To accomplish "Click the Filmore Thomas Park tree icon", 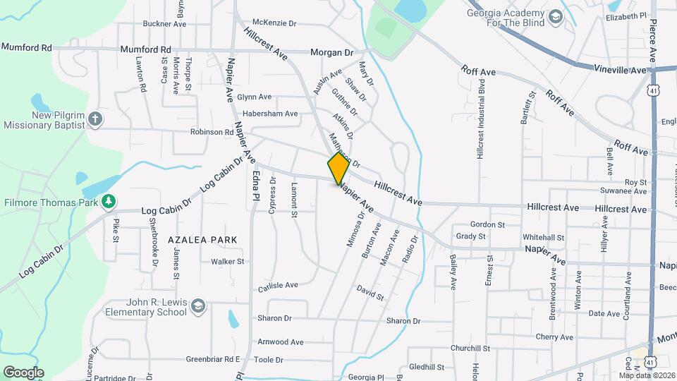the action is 108,203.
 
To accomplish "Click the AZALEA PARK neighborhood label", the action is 202,240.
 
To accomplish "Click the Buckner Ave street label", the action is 164,23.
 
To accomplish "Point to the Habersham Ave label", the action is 270,113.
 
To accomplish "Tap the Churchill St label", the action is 470,349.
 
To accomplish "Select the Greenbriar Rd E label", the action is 213,359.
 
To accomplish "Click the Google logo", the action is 23,372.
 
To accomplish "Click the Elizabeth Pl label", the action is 626,16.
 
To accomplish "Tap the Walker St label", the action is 227,261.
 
